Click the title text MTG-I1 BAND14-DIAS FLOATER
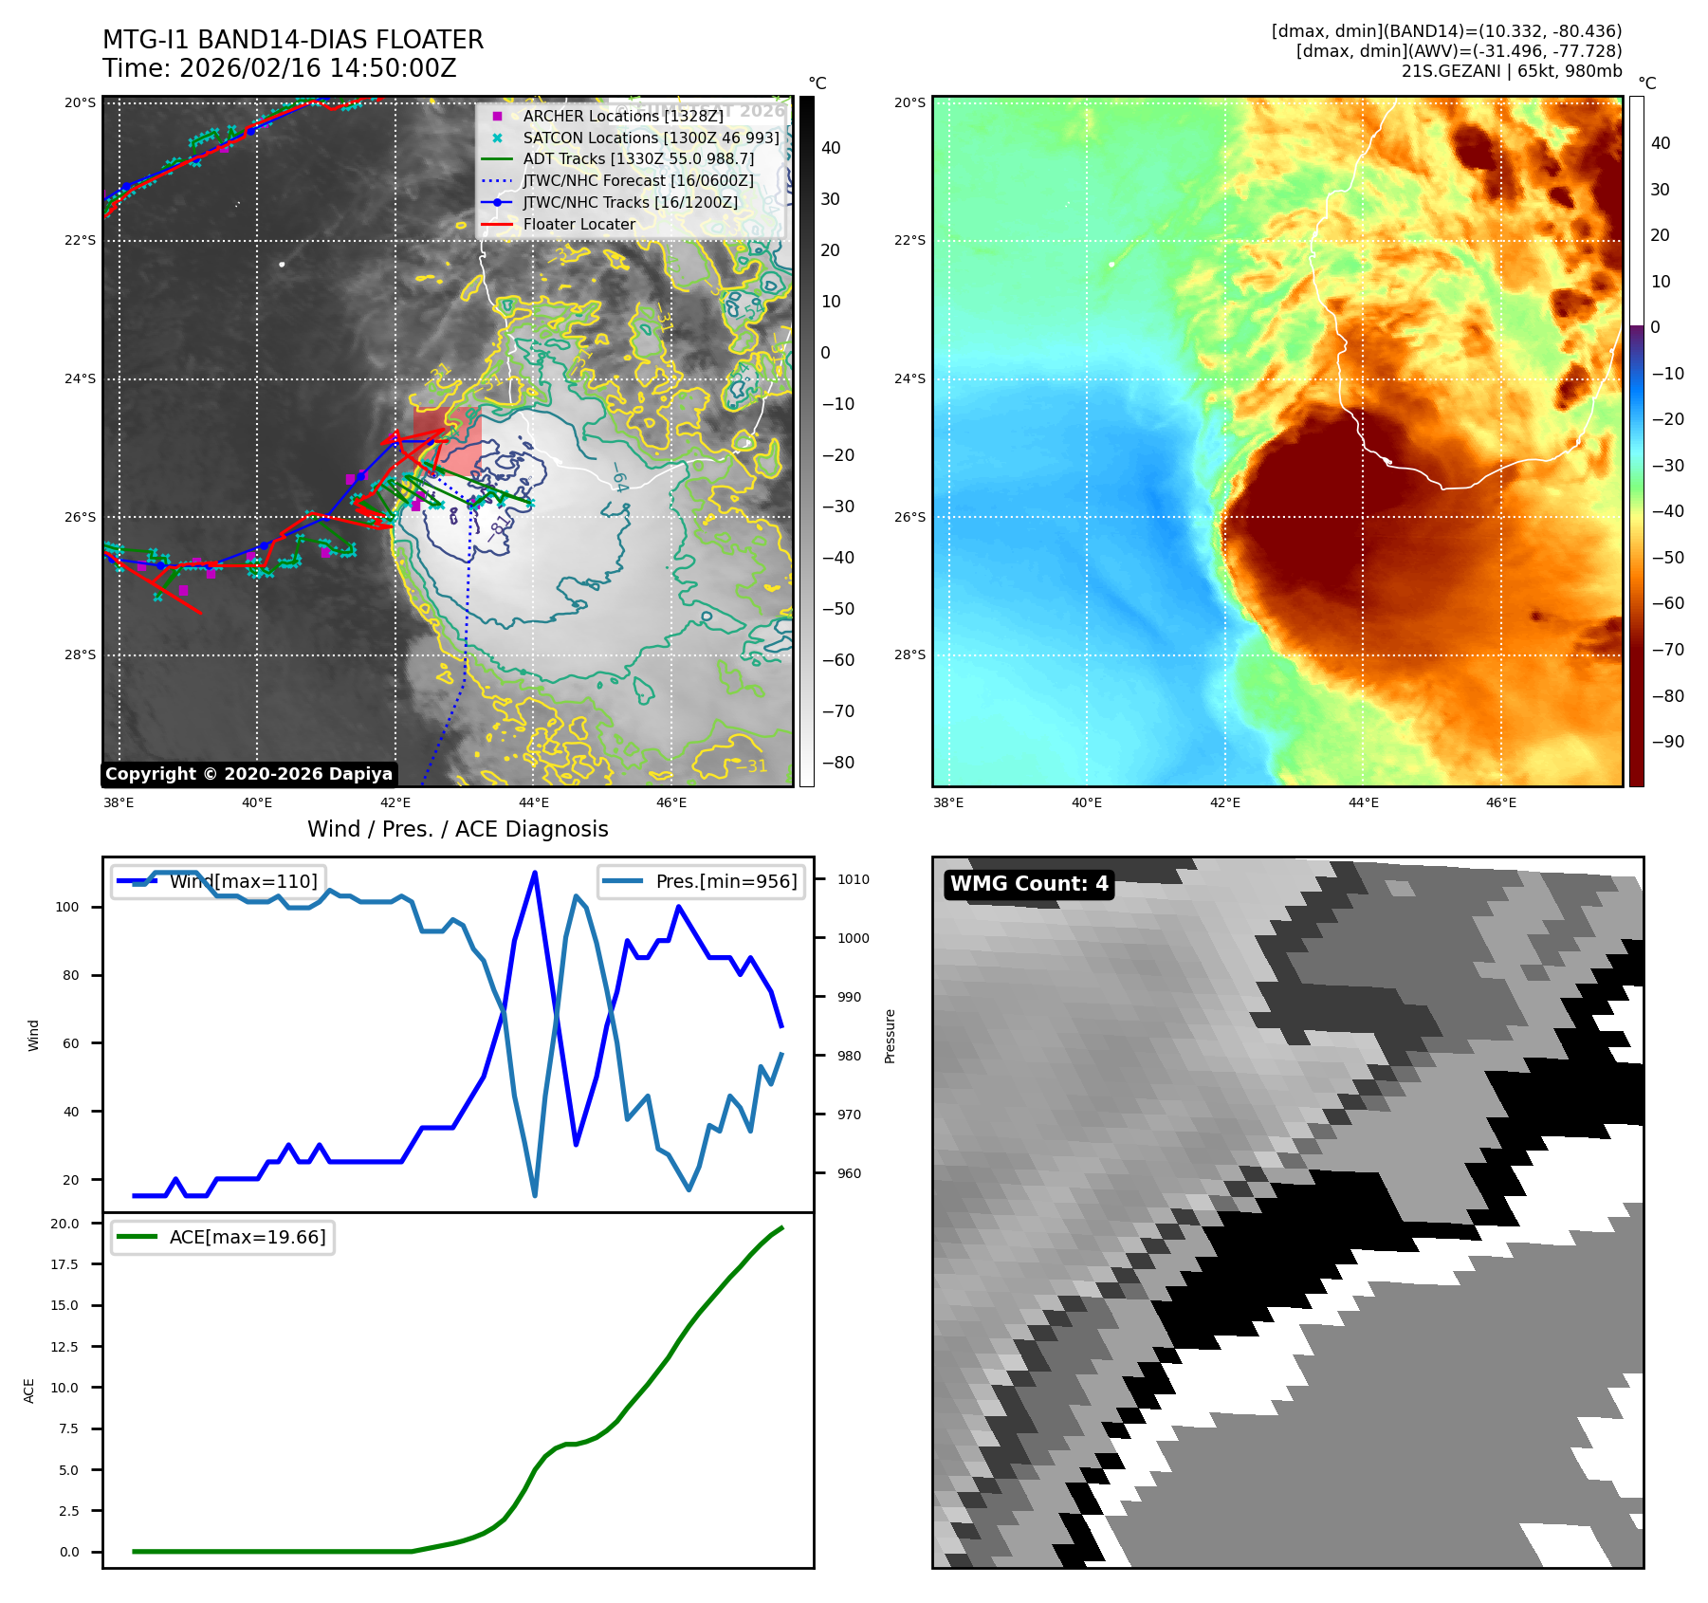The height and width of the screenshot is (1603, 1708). pyautogui.click(x=293, y=40)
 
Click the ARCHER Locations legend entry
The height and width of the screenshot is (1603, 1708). pyautogui.click(x=622, y=116)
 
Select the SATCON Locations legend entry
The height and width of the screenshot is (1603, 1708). pyautogui.click(x=651, y=138)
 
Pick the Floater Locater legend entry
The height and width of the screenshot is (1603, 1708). pyautogui.click(x=579, y=224)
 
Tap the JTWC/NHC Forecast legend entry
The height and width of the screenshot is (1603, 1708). pyautogui.click(x=638, y=180)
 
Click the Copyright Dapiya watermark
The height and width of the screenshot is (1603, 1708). pyautogui.click(x=248, y=774)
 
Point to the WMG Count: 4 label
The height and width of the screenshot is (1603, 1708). pyautogui.click(x=1029, y=884)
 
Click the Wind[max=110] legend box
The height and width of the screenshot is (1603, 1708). pyautogui.click(x=218, y=881)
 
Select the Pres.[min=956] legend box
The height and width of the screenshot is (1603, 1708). pyautogui.click(x=702, y=881)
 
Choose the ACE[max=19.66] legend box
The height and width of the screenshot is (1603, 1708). pyautogui.click(x=223, y=1237)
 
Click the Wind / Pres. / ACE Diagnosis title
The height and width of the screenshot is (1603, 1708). pyautogui.click(x=458, y=829)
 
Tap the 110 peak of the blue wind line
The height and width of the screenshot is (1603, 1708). pyautogui.click(x=535, y=873)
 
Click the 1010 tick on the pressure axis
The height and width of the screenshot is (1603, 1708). pyautogui.click(x=853, y=879)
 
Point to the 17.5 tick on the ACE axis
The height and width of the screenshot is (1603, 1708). pyautogui.click(x=64, y=1264)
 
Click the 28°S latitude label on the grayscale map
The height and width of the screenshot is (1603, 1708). pyautogui.click(x=80, y=655)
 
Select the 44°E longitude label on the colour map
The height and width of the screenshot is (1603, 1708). pyautogui.click(x=1363, y=802)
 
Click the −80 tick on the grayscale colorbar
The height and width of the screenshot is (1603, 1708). pyautogui.click(x=838, y=763)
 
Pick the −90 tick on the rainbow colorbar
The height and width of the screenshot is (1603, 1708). pyautogui.click(x=1667, y=742)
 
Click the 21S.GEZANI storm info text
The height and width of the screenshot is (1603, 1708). pyautogui.click(x=1512, y=71)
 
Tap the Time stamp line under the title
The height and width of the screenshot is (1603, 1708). pyautogui.click(x=280, y=68)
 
